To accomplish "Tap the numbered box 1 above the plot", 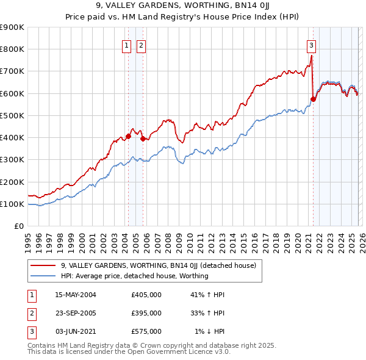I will [126, 45].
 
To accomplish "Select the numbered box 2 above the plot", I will [141, 45].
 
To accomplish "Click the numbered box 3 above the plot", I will [311, 45].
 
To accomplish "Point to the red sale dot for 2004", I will [129, 136].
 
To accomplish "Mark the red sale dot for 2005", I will [143, 139].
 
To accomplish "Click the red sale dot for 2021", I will [313, 99].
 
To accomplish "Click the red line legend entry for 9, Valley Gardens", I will [158, 265].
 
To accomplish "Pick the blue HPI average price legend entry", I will [134, 276].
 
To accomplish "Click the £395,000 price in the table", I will [146, 313].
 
